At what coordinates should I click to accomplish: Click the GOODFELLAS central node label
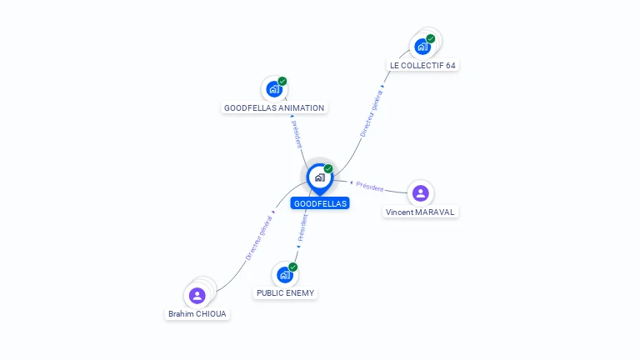point(320,203)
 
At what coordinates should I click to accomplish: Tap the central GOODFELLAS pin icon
point(319,177)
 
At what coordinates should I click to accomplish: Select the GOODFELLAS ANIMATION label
point(274,107)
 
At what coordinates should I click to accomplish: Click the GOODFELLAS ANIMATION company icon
point(273,89)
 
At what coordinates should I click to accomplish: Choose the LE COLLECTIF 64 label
point(423,65)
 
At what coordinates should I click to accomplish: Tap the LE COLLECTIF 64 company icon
point(423,47)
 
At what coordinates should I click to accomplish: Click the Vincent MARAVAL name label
point(421,212)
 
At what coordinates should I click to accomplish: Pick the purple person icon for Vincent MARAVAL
point(421,193)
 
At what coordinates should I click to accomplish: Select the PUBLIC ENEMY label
point(285,293)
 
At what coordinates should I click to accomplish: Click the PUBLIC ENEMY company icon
point(284,275)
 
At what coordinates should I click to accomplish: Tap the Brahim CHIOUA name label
point(197,314)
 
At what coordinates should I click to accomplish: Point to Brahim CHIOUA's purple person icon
point(197,295)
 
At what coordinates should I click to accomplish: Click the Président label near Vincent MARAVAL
point(369,187)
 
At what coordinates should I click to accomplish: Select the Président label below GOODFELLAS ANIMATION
point(297,134)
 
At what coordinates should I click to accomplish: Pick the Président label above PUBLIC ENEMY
point(302,227)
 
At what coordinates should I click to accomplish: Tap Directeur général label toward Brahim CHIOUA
point(258,238)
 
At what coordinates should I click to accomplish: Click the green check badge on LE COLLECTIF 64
point(431,38)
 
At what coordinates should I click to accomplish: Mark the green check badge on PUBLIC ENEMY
point(292,267)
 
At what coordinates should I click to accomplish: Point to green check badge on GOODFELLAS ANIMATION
point(282,81)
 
